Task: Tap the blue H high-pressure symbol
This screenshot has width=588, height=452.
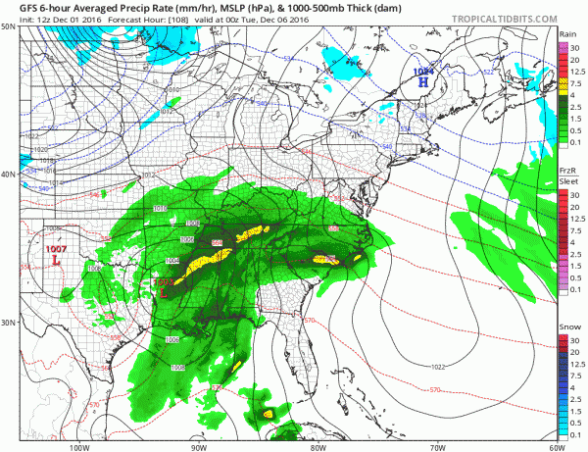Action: tap(422, 82)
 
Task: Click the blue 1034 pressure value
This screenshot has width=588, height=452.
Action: tap(422, 71)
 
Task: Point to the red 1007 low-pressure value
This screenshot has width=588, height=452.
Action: tap(56, 250)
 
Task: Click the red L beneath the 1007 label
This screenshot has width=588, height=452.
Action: tap(56, 262)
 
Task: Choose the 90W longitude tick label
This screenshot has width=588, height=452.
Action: tap(199, 446)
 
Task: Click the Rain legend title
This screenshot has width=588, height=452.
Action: tap(566, 33)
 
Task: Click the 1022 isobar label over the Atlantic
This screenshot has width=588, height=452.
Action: tap(441, 367)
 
